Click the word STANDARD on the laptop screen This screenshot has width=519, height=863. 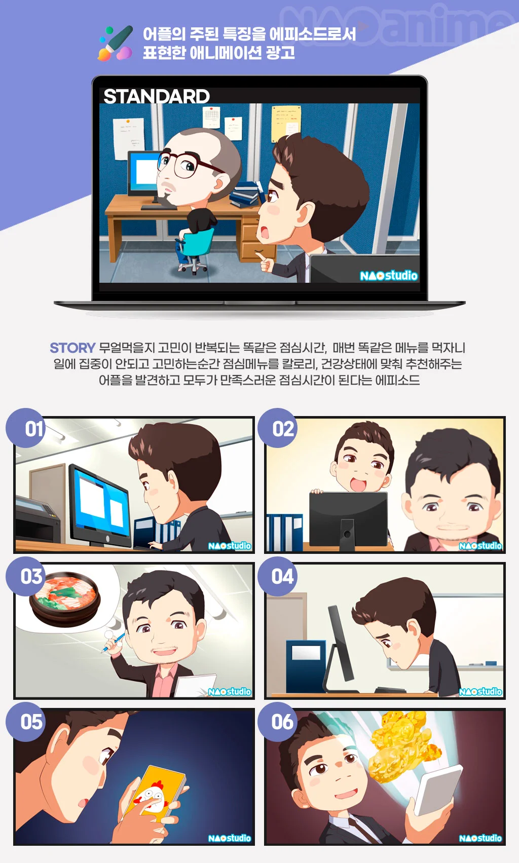157,96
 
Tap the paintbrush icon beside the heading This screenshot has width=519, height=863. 116,43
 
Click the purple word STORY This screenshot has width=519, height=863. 72,348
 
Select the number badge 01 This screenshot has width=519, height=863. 26,428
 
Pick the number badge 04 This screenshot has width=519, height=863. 277,576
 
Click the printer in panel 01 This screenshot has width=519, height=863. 36,518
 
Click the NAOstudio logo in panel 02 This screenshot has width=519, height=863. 480,546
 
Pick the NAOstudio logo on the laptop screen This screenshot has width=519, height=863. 388,276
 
